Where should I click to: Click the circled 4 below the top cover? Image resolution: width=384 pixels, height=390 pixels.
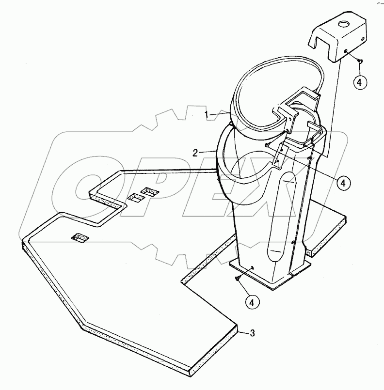359,82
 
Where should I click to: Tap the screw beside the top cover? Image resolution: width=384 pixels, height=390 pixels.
359,60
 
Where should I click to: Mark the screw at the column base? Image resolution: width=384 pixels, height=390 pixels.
237,278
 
